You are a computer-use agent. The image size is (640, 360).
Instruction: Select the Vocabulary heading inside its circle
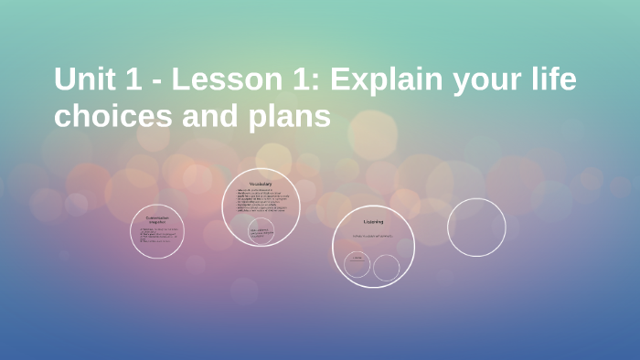pos(261,184)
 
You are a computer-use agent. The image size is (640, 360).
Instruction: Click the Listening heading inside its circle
pos(373,222)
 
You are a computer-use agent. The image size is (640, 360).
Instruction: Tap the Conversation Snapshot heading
pos(157,219)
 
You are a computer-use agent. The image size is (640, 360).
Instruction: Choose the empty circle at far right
pos(476,228)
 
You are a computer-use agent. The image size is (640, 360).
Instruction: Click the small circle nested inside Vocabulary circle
pos(261,230)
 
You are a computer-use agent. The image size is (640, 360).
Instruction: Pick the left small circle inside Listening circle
pos(357,265)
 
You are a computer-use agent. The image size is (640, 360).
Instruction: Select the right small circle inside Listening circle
pos(387,268)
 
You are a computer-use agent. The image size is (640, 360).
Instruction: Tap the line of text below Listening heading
pos(372,237)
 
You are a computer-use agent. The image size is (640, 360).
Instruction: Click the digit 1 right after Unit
pos(129,80)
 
